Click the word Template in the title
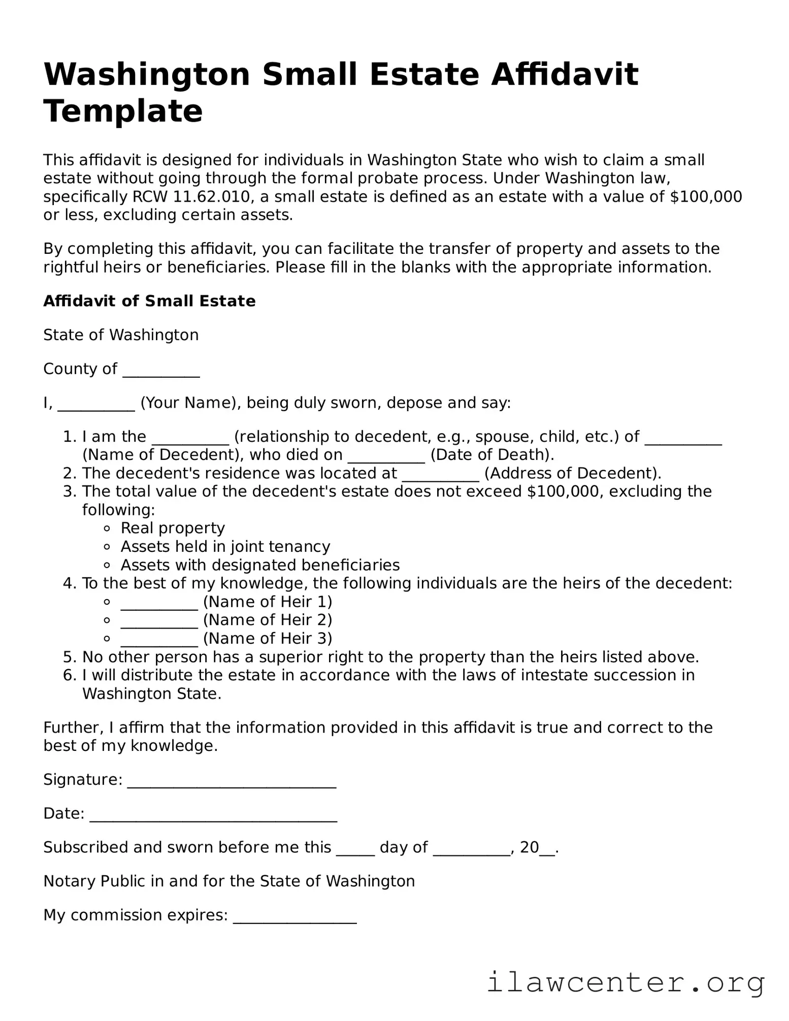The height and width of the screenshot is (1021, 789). point(123,111)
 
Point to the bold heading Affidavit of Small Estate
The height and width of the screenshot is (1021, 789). point(149,301)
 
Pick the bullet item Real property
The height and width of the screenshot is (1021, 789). point(173,529)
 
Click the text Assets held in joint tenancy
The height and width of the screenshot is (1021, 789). point(225,547)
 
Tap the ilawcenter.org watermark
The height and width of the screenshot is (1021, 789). point(626,983)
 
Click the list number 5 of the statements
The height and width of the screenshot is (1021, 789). point(70,657)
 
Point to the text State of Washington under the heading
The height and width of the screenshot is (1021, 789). point(121,335)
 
